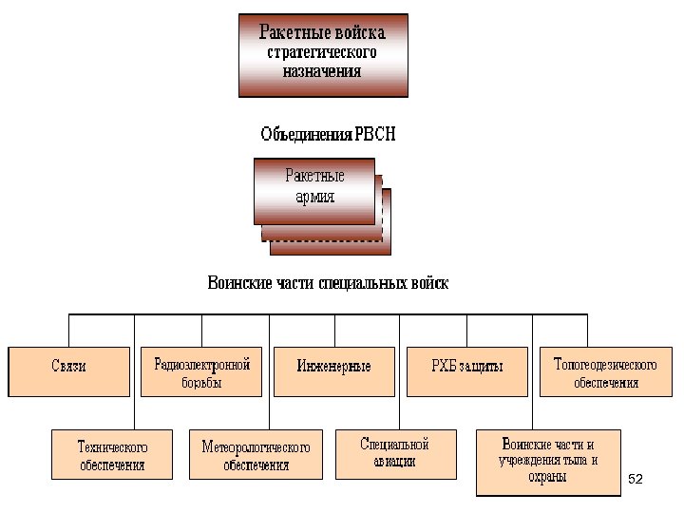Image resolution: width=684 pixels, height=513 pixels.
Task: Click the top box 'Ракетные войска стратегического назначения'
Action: point(323,54)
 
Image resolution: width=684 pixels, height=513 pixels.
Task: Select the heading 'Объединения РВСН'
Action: point(328,135)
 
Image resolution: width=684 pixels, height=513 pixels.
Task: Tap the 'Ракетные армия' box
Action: point(314,190)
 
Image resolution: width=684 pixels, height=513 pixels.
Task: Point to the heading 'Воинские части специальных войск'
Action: point(328,283)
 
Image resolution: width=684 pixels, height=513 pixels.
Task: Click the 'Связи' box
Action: point(68,370)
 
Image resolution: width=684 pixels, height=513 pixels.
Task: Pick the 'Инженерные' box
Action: point(333,370)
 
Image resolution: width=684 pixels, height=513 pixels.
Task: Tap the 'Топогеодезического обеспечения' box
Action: point(605,371)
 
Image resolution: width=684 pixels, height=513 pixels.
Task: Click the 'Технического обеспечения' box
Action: point(112,454)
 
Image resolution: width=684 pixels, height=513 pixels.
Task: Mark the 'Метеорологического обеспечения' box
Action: point(256,454)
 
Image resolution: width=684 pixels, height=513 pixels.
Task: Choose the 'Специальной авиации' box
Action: point(395,452)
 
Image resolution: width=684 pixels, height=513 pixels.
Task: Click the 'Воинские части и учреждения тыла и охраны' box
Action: point(548,461)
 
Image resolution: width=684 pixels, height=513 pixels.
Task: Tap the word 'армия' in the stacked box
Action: point(314,198)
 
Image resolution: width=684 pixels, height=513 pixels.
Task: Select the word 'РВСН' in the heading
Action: point(374,135)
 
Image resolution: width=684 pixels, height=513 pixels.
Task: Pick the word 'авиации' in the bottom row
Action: point(395,462)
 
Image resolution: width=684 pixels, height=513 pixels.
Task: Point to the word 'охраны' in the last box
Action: point(548,477)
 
